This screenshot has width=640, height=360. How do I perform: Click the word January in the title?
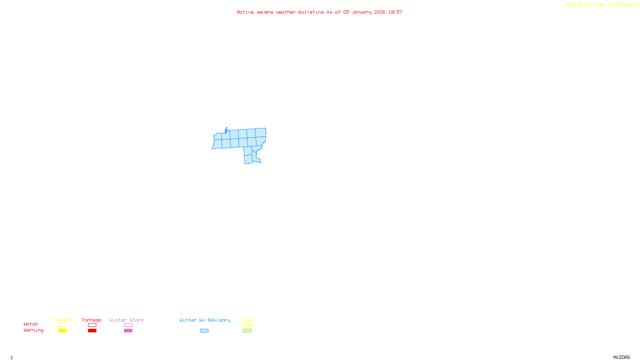click(x=361, y=12)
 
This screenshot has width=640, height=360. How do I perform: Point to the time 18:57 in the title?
click(x=395, y=12)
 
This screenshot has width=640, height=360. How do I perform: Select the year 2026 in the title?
click(x=380, y=12)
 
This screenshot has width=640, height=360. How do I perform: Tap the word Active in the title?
click(x=245, y=12)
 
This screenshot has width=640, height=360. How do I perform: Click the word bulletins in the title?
click(x=311, y=12)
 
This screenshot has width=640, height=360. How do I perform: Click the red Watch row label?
click(x=31, y=324)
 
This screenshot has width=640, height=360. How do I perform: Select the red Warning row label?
click(x=34, y=330)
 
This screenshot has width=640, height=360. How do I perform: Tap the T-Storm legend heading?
click(x=62, y=320)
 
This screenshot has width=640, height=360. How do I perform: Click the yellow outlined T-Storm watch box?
click(x=62, y=325)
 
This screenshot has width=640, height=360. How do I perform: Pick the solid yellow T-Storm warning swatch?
click(x=62, y=331)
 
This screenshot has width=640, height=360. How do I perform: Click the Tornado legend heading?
click(x=92, y=320)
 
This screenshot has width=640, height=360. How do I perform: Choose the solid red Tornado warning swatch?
click(x=92, y=331)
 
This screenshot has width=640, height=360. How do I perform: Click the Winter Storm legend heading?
click(x=126, y=320)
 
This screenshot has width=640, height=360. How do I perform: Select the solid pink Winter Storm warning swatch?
click(x=128, y=331)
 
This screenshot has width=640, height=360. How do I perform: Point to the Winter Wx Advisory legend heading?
click(x=205, y=320)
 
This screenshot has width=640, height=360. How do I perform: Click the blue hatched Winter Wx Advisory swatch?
click(x=204, y=331)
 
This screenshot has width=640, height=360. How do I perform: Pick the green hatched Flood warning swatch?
click(x=247, y=331)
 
